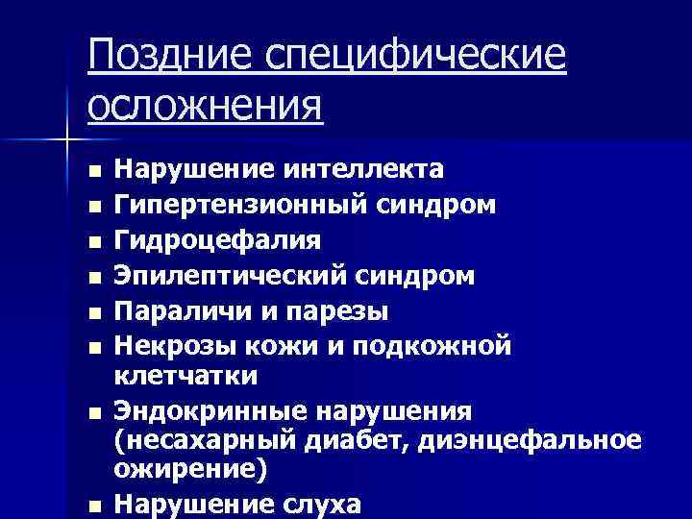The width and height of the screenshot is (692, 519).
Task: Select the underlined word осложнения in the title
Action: click(206, 103)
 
